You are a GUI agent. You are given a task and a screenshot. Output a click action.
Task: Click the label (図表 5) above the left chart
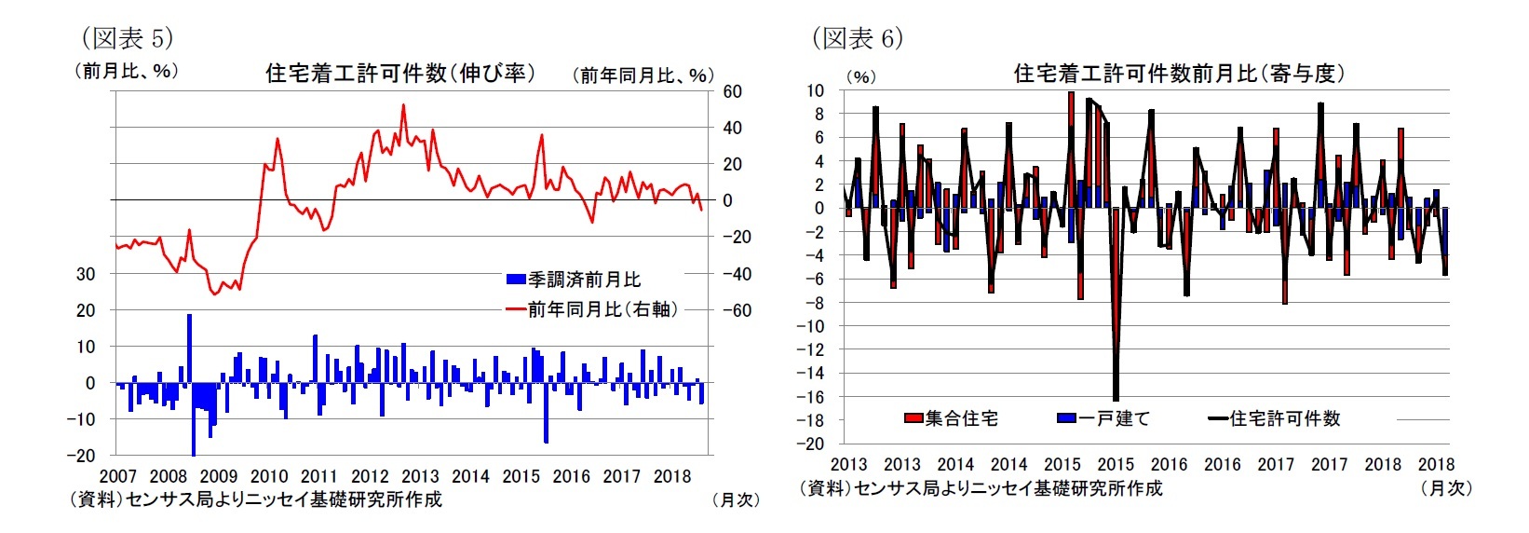127,38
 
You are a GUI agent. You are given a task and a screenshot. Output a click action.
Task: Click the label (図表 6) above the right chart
857,38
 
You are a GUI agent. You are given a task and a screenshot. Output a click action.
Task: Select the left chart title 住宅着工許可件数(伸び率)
400,74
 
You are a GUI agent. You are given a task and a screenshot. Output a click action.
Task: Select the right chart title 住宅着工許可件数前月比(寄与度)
1179,74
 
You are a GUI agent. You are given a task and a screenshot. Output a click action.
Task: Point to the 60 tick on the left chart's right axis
732,91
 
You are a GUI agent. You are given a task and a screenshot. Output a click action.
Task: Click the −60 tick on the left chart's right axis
736,310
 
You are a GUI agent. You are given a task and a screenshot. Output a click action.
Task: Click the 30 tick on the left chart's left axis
86,274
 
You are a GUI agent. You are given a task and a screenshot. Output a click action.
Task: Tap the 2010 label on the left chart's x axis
269,476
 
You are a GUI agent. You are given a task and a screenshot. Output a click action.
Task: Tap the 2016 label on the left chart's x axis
571,476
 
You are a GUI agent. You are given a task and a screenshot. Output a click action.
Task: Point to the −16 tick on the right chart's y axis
810,397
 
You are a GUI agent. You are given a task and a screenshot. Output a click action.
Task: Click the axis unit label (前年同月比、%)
643,75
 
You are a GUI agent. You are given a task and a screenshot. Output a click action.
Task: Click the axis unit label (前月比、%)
126,71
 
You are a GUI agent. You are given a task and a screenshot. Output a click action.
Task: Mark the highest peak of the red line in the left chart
403,104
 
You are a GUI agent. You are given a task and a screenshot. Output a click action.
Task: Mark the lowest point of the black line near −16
1116,400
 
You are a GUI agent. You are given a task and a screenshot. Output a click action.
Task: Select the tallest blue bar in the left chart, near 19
189,317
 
